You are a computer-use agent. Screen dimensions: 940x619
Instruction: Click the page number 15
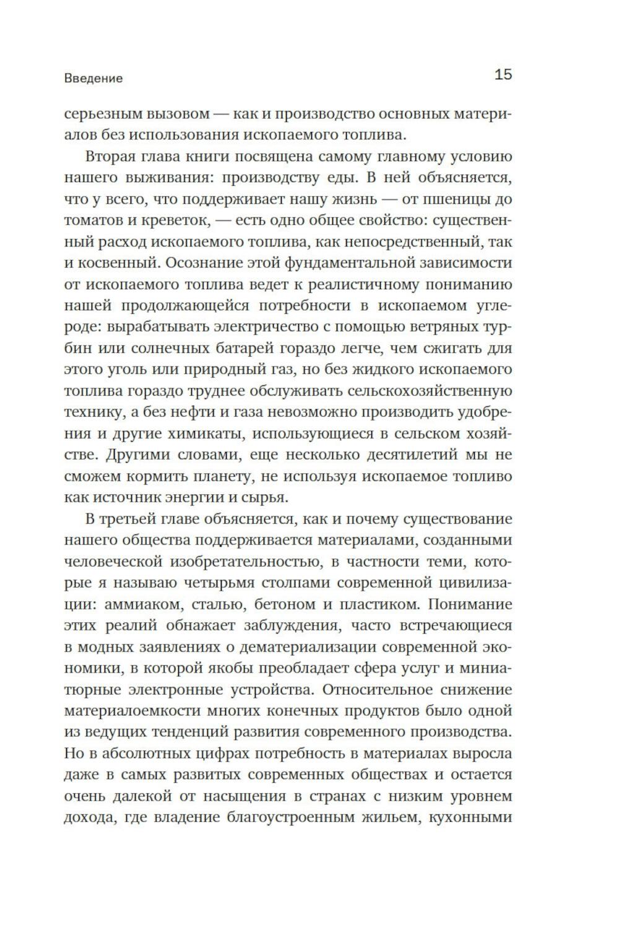point(503,75)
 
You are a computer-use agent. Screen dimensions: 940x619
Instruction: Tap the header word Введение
point(93,79)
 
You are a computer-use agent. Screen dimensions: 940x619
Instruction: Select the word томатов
point(94,221)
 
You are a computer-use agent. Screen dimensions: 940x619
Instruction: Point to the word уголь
point(131,370)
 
